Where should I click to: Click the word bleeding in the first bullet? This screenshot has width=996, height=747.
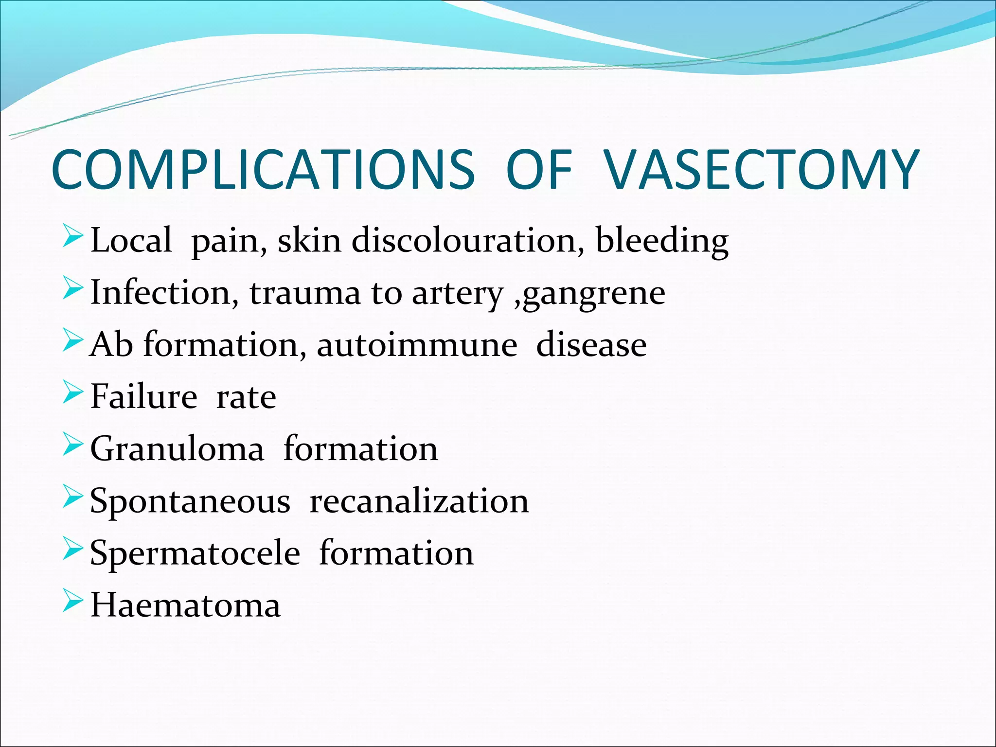(662, 241)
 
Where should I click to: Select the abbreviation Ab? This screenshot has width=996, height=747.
(112, 344)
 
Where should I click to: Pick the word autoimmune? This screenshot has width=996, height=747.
(417, 345)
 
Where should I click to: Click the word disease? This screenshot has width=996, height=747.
(591, 345)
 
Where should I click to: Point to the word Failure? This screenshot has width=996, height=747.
(144, 396)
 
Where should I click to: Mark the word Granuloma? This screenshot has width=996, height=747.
(177, 448)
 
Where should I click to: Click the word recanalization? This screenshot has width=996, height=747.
(419, 501)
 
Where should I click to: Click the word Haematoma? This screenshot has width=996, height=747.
(185, 605)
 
